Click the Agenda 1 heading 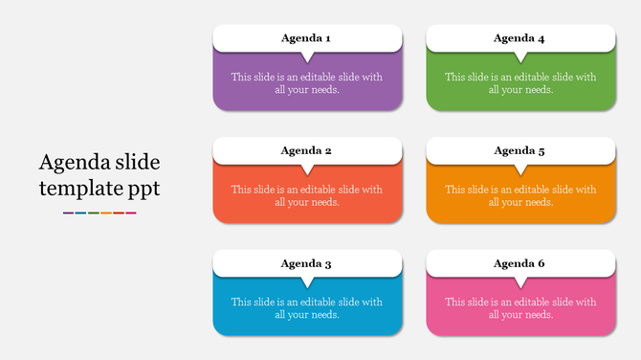(x=306, y=38)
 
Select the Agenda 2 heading (x=306, y=150)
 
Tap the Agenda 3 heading (x=306, y=263)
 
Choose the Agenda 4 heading (x=519, y=38)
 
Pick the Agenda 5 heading (x=519, y=150)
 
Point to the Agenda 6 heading (x=519, y=263)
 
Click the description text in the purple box (x=306, y=83)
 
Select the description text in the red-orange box (x=306, y=195)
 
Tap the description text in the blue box (x=306, y=308)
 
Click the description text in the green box (x=519, y=83)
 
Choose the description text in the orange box (x=519, y=195)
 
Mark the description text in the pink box (x=519, y=308)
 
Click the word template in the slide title (x=79, y=189)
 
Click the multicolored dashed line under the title (x=99, y=213)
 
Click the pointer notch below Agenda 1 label (x=307, y=57)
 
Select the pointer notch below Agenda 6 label (x=520, y=282)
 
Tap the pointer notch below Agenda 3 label (x=307, y=282)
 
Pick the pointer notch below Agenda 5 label (x=520, y=169)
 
